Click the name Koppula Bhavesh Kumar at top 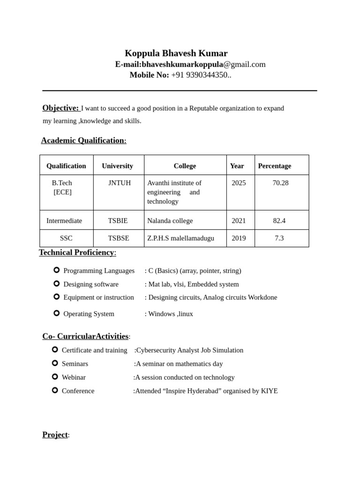coord(176,53)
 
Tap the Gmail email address coord(203,65)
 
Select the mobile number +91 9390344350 coord(201,75)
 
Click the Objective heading coord(60,108)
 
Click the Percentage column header coord(274,166)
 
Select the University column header coord(117,166)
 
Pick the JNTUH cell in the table coord(120,183)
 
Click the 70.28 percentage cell coord(280,183)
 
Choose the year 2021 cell coord(238,221)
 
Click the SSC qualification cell coord(66,238)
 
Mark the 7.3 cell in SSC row coord(279,238)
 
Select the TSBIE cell coord(118,221)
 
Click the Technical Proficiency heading coord(77,253)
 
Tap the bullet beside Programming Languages coord(57,270)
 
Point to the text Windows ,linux coord(171,314)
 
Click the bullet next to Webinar coord(55,376)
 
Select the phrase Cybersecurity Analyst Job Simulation coord(189,350)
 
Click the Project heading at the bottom coord(55,435)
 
